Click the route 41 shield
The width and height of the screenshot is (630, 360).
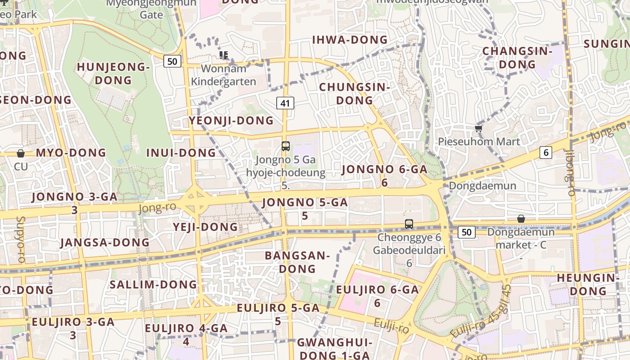[x=285, y=103]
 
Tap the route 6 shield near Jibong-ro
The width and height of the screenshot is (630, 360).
[x=546, y=153]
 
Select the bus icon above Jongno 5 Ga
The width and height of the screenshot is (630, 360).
[x=285, y=146]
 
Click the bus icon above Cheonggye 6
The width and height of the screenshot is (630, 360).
[x=409, y=224]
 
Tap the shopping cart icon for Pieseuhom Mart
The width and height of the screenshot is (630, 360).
[x=478, y=129]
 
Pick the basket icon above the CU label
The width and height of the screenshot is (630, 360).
[x=21, y=153]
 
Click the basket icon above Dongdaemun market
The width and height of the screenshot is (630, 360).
[x=521, y=219]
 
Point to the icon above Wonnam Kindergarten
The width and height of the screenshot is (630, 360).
[x=223, y=55]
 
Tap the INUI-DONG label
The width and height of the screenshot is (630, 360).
[x=181, y=153]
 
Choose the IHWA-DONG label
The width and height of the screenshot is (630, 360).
[x=350, y=40]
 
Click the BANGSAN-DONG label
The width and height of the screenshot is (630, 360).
[x=297, y=262]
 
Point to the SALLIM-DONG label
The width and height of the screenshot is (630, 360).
[x=153, y=284]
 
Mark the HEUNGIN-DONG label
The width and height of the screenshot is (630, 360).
[x=588, y=284]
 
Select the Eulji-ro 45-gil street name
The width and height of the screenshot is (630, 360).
[x=481, y=311]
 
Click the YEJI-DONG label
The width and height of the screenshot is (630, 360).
[x=205, y=227]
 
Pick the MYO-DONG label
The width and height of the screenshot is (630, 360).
[x=71, y=153]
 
